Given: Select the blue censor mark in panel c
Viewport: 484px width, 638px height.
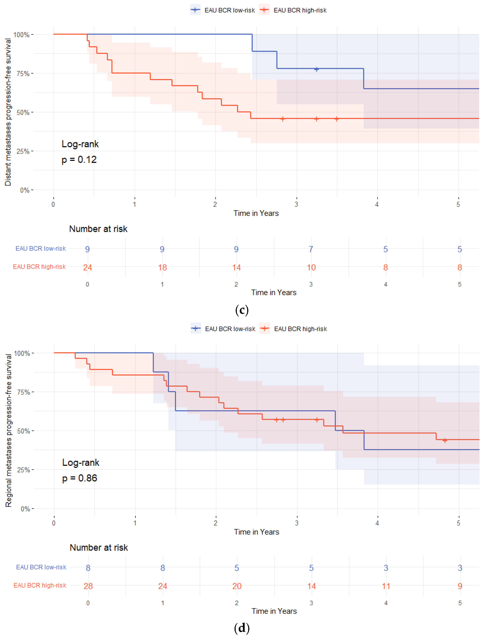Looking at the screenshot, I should click(x=316, y=69).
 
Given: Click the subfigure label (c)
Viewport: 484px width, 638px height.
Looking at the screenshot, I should click(x=242, y=310).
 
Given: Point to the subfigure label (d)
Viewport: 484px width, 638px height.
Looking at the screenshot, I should click(x=242, y=628).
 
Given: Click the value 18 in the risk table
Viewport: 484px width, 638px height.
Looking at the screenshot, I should click(x=162, y=267).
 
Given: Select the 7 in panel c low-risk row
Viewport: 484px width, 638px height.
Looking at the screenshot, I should click(x=311, y=249).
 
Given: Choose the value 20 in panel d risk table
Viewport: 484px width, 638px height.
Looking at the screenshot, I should click(x=237, y=586).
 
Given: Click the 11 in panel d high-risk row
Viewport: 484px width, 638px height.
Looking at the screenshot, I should click(x=386, y=586).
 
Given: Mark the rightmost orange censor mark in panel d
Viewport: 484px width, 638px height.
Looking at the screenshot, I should click(x=445, y=440).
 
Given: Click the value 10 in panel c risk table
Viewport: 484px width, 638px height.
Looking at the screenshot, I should click(x=311, y=267).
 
